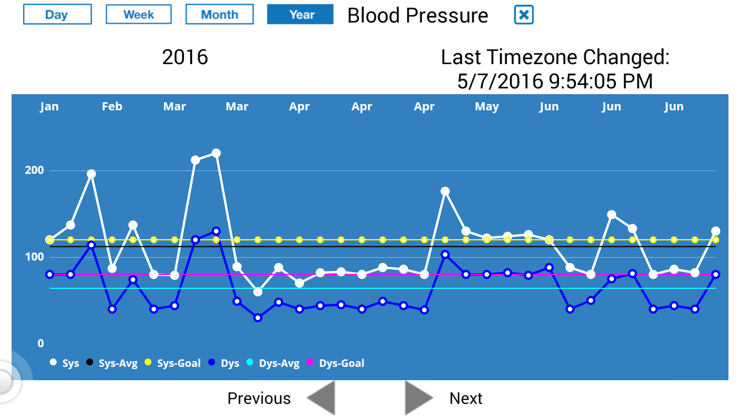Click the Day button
57,14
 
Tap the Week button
139,14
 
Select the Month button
220,14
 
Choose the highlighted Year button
301,14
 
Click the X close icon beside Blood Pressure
524,15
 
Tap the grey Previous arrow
321,398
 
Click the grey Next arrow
419,398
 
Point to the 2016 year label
185,57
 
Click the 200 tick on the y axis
34,170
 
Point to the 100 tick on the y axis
34,257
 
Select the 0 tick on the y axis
40,344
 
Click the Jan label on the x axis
49,106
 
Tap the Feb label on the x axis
112,106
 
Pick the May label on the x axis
487,106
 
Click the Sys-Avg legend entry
112,363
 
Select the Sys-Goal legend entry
172,363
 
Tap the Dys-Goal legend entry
335,363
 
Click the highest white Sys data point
216,153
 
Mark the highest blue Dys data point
216,231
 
